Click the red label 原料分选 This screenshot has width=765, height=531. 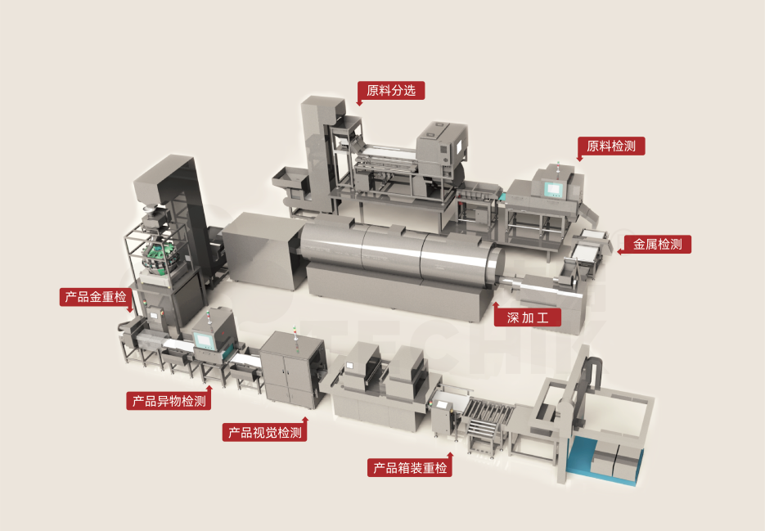(391, 90)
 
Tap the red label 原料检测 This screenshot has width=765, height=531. (611, 146)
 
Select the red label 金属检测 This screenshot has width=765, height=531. (657, 244)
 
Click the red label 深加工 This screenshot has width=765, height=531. (528, 317)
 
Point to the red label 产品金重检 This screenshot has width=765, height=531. (96, 297)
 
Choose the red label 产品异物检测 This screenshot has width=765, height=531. (169, 401)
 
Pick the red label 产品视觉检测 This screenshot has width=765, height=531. (265, 433)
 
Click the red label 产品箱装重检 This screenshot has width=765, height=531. (410, 468)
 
